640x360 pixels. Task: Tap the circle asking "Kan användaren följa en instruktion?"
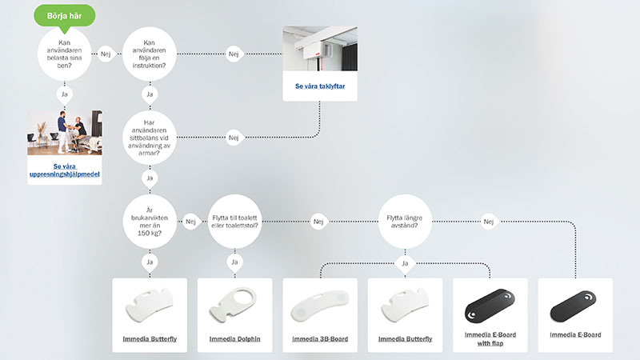[149, 54]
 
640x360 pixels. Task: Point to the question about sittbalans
[149, 138]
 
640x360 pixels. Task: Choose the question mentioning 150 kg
[149, 221]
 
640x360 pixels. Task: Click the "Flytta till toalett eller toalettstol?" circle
[234, 221]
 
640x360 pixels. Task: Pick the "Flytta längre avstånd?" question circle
[404, 221]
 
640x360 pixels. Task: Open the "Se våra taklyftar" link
[319, 86]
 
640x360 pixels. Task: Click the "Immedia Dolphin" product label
[234, 339]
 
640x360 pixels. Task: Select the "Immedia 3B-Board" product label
[319, 339]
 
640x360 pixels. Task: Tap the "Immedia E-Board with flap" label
[489, 338]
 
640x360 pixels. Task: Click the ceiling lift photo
[319, 49]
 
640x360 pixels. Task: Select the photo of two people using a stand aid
[65, 134]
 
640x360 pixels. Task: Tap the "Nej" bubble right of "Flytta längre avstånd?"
[490, 221]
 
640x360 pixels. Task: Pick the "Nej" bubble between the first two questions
[106, 54]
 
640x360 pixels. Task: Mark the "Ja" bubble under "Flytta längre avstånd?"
[404, 262]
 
